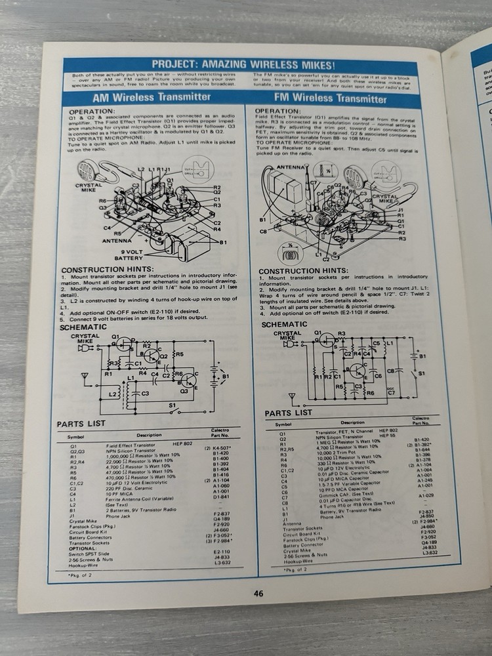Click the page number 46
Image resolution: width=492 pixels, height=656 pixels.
pyautogui.click(x=258, y=594)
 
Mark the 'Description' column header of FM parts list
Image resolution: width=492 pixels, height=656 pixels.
pyautogui.click(x=352, y=422)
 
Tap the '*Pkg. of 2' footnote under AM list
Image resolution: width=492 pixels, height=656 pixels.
pyautogui.click(x=81, y=575)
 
